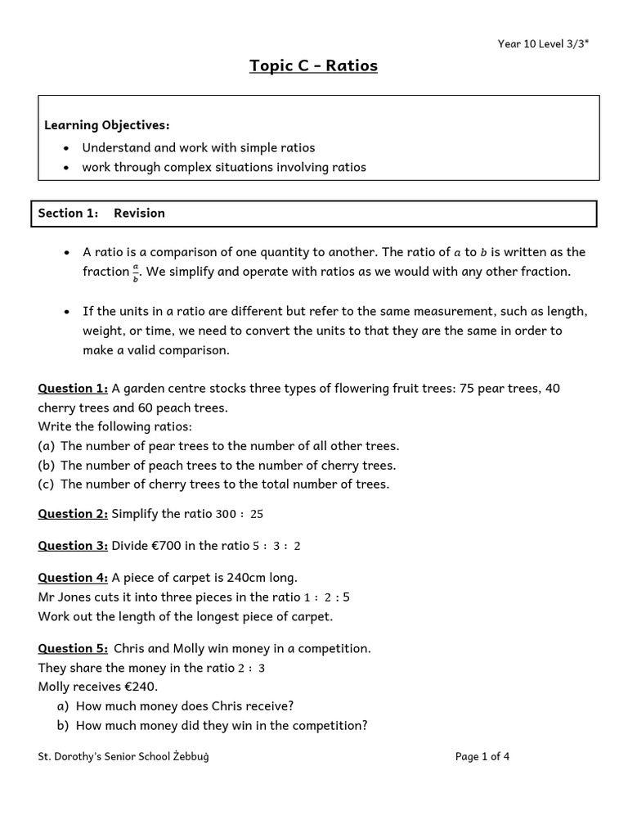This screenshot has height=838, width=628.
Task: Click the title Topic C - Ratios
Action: click(313, 65)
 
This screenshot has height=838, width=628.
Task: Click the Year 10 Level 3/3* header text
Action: click(543, 44)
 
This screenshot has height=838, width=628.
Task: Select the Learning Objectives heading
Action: click(106, 125)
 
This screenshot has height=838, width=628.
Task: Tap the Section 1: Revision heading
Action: click(101, 213)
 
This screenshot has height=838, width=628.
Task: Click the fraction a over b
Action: click(136, 273)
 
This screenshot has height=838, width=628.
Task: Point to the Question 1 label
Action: click(73, 388)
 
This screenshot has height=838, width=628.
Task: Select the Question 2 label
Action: click(73, 514)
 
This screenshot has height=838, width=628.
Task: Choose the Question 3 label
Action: click(73, 546)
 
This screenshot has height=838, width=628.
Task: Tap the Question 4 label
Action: click(73, 578)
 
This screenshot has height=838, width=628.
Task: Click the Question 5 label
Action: click(73, 648)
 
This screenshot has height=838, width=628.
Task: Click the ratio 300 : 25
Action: click(239, 515)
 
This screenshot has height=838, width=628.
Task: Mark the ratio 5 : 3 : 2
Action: click(276, 547)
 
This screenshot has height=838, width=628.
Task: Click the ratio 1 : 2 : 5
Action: click(326, 597)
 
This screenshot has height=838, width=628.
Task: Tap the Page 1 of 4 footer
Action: click(482, 756)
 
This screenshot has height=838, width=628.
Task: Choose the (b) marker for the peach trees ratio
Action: click(46, 465)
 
